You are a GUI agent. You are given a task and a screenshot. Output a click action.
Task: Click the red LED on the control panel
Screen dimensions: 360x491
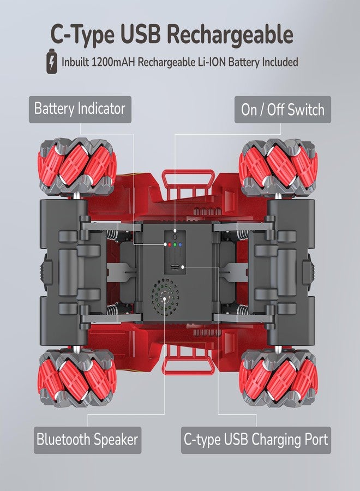pyautogui.click(x=169, y=244)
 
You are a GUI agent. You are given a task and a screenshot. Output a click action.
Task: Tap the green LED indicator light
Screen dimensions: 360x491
pyautogui.click(x=175, y=244)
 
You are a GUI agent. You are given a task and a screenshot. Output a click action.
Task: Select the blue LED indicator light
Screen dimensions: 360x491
pyautogui.click(x=181, y=244)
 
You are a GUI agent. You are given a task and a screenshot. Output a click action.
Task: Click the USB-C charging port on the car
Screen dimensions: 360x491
pyautogui.click(x=175, y=267)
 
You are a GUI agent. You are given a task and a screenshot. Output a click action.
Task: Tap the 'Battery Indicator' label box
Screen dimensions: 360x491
pyautogui.click(x=80, y=109)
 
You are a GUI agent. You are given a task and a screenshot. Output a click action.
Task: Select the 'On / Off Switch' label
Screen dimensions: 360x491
pyautogui.click(x=283, y=110)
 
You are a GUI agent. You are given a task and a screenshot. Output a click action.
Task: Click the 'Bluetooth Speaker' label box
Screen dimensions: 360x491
pyautogui.click(x=88, y=440)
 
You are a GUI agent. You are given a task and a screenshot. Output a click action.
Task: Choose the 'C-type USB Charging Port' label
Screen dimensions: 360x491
pyautogui.click(x=256, y=440)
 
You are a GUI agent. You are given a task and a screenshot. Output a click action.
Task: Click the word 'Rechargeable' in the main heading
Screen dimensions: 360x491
pyautogui.click(x=231, y=34)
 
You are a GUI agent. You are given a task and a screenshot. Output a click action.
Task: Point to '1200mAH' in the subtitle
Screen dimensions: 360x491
pyautogui.click(x=113, y=62)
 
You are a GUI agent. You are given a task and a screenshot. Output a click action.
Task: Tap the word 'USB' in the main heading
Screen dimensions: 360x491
pyautogui.click(x=142, y=34)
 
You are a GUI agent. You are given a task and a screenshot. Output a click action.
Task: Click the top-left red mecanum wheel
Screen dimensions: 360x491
pyautogui.click(x=77, y=167)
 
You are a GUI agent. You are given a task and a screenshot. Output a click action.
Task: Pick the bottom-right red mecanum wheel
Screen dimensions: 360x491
pyautogui.click(x=278, y=378)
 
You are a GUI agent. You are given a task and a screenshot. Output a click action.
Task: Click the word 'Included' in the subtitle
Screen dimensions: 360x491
pyautogui.click(x=280, y=62)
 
